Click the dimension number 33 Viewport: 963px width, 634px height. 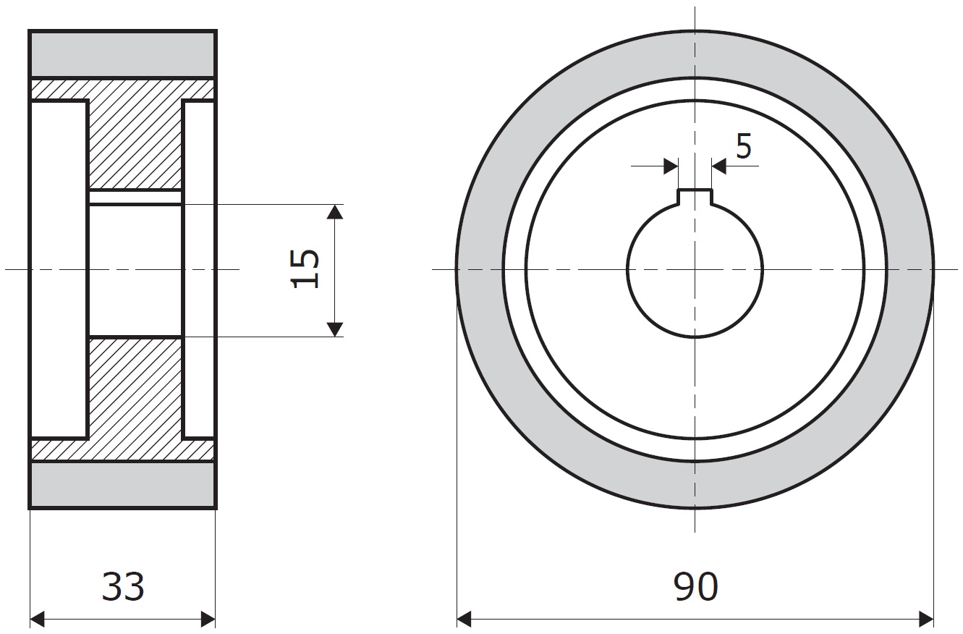pos(123,587)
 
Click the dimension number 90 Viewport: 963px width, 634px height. pos(695,587)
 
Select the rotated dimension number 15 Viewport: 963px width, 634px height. pos(305,269)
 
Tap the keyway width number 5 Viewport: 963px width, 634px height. pos(744,145)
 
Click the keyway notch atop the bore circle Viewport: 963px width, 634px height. pos(695,197)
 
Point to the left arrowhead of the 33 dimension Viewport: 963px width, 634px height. pos(37,620)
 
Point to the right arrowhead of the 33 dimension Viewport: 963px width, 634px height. pos(208,620)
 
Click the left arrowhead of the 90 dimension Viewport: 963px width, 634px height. pos(464,620)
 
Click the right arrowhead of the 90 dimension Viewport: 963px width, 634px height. pos(926,620)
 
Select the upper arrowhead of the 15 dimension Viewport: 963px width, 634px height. pos(335,211)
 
